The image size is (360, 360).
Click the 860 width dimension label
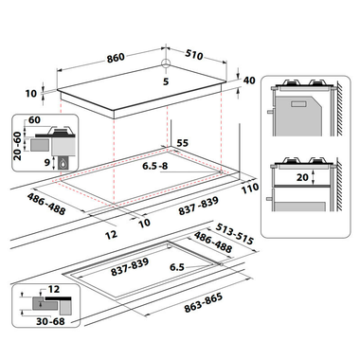point(116,58)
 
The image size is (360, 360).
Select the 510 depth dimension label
point(193,54)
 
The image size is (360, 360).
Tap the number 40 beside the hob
point(249,81)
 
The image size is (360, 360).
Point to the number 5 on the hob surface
point(166,81)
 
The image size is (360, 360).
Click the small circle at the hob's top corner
point(166,63)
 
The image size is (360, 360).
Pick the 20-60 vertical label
point(18,146)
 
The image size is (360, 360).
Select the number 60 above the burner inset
point(34,119)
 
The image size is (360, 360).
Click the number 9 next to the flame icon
point(47,163)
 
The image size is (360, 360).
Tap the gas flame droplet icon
point(63,164)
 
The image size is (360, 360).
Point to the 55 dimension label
point(182,143)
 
